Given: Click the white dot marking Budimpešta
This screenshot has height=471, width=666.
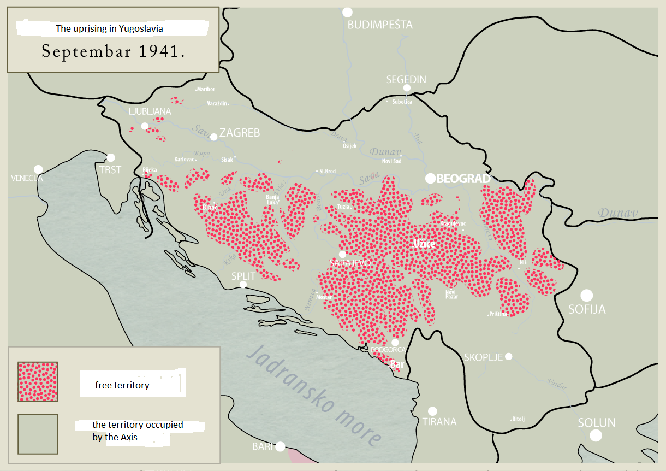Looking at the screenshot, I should click(x=347, y=12).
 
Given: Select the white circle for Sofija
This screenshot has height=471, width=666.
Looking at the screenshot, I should click(x=586, y=296).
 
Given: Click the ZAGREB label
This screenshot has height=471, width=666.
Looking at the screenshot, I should click(x=240, y=133).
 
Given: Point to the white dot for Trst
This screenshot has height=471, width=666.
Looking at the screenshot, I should click(x=111, y=157).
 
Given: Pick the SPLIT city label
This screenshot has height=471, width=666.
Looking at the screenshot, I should click(x=243, y=276).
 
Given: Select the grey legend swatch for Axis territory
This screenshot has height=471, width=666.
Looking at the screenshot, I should click(x=38, y=434).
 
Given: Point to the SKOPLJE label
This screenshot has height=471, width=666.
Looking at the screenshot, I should click(x=483, y=357).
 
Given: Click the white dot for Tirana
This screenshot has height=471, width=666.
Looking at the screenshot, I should click(x=432, y=411).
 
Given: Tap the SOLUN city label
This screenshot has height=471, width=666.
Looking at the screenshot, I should click(x=597, y=423).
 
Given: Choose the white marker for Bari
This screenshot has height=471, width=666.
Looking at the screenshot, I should click(x=280, y=446).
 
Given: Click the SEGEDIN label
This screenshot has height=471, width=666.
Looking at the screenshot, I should click(x=406, y=79).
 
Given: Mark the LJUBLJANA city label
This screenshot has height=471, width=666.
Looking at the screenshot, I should click(x=150, y=111).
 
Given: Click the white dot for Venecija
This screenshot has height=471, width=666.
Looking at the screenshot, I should click(x=38, y=169).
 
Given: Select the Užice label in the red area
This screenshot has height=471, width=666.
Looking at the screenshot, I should click(x=424, y=244).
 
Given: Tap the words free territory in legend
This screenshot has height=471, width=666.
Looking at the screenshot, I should click(x=122, y=385).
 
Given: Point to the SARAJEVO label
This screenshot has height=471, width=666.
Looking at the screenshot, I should click(x=350, y=263).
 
